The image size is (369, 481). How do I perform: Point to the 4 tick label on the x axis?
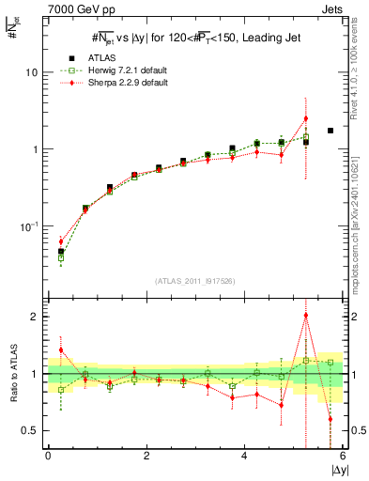click(244, 456)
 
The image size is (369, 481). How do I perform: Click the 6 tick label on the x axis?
click(342, 456)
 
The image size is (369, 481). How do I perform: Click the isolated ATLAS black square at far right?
click(330, 131)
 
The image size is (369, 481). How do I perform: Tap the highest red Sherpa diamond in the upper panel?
click(305, 119)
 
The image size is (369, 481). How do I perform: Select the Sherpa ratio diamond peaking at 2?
click(305, 316)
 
